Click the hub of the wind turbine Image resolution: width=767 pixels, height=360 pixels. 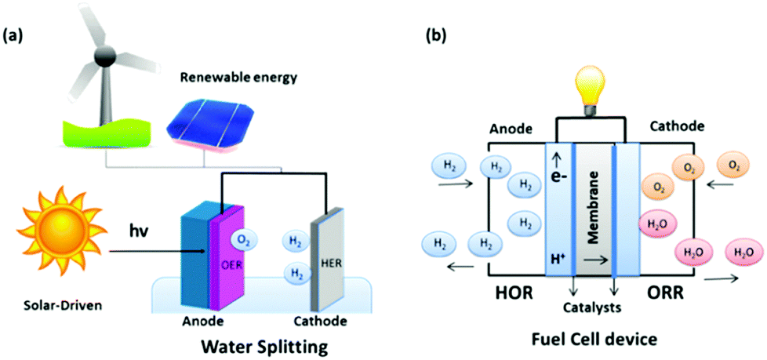[102, 56]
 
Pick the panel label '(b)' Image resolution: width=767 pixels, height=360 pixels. [436, 35]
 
